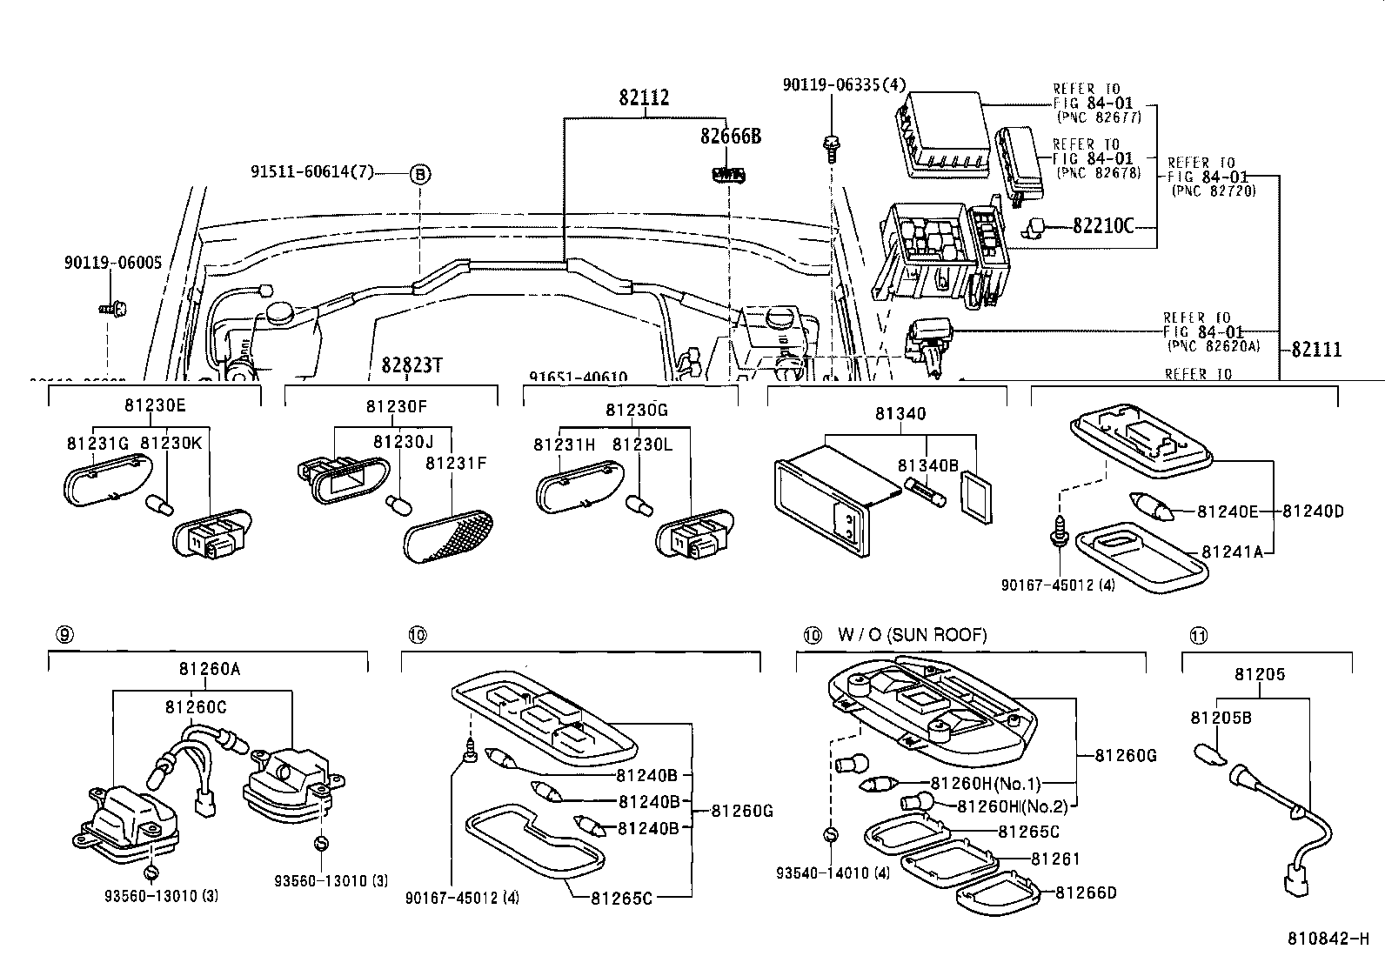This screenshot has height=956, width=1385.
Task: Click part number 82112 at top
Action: click(644, 97)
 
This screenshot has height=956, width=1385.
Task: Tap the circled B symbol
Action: click(419, 174)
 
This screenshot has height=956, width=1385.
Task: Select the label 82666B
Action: click(731, 137)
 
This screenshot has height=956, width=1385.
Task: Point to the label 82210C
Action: click(1103, 226)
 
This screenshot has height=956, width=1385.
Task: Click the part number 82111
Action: click(1316, 350)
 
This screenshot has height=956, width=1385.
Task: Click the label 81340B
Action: click(927, 466)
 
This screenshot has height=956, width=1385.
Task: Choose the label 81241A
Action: click(1232, 552)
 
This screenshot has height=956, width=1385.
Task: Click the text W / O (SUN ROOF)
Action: click(913, 635)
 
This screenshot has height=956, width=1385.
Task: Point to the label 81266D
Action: click(1086, 892)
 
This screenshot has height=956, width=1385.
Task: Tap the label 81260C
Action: click(196, 707)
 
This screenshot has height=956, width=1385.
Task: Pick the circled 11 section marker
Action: click(1199, 635)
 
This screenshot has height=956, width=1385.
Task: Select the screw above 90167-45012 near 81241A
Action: click(1059, 529)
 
